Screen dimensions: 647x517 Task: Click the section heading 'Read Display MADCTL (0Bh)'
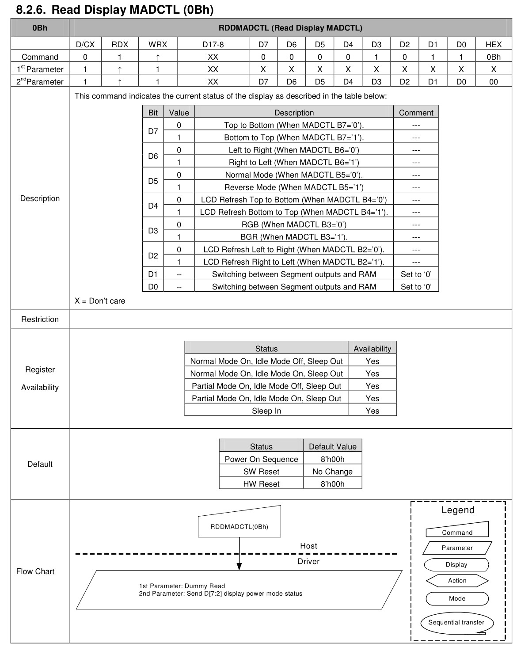tap(115, 9)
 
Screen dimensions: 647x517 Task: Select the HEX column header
tap(493, 44)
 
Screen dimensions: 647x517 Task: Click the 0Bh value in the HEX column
tap(493, 57)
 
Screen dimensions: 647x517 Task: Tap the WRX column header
tap(157, 44)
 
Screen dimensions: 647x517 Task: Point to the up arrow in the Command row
tap(157, 57)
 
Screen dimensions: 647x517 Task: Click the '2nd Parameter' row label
tap(40, 81)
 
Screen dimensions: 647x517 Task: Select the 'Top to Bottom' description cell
tap(294, 125)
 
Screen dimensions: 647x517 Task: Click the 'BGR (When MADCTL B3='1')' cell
tap(294, 237)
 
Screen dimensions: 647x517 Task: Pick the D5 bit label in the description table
tap(153, 181)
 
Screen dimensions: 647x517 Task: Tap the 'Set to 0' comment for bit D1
tap(416, 274)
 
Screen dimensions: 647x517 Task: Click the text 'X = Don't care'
tap(100, 301)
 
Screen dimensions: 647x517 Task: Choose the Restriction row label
tap(40, 319)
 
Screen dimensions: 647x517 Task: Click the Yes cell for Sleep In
tap(372, 411)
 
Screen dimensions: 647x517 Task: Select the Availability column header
tap(372, 349)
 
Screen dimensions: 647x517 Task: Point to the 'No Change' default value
tap(332, 472)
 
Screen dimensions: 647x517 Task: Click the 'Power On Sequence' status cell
tap(261, 459)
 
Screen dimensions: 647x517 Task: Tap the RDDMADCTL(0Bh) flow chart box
tap(239, 526)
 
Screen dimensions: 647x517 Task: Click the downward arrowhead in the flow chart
tap(239, 566)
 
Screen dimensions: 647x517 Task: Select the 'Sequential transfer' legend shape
tap(456, 622)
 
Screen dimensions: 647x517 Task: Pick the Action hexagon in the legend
tap(457, 581)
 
